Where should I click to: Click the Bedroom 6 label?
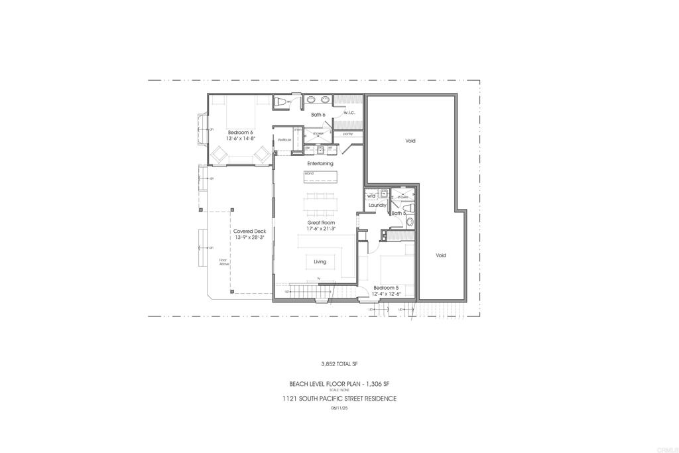241,132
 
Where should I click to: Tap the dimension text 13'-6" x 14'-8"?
241,139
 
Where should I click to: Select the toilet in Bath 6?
280,101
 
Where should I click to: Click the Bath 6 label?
318,115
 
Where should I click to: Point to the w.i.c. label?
349,112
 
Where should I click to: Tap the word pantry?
348,134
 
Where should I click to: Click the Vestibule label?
284,140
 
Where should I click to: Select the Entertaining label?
320,163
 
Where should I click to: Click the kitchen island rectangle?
320,176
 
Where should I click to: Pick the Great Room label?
320,222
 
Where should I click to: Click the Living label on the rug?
320,261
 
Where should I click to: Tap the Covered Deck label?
249,231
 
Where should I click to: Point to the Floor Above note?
224,262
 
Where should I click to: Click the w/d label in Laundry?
371,196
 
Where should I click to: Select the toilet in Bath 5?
410,224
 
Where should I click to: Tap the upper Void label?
410,141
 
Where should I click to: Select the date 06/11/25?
339,408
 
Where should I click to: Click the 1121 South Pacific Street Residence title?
339,399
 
